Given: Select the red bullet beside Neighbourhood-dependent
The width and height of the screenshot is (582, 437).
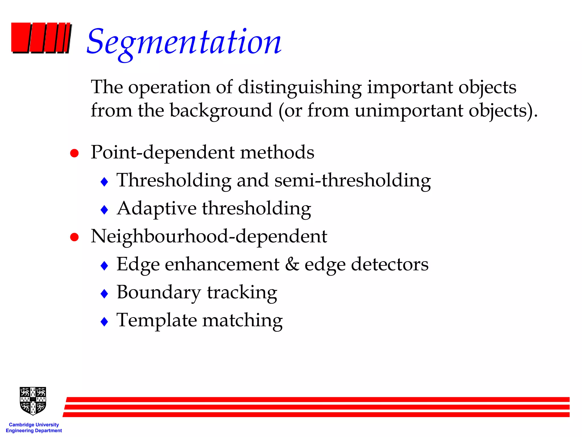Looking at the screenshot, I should pyautogui.click(x=74, y=237).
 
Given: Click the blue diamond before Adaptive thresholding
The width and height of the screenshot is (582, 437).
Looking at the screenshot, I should pyautogui.click(x=105, y=210).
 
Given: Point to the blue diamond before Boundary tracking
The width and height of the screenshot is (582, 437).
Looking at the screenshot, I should pyautogui.click(x=105, y=294).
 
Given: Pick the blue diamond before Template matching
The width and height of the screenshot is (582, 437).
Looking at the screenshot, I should pyautogui.click(x=105, y=322).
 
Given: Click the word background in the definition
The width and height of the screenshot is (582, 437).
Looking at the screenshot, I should pyautogui.click(x=221, y=110).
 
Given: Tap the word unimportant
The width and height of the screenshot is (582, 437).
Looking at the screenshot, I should pyautogui.click(x=409, y=111).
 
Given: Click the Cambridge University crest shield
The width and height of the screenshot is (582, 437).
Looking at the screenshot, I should pyautogui.click(x=33, y=401).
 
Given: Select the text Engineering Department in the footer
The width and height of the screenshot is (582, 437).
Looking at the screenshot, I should pyautogui.click(x=34, y=431).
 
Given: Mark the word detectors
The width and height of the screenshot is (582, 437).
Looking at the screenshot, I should pyautogui.click(x=390, y=265).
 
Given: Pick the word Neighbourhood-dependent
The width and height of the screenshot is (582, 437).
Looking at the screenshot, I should pyautogui.click(x=209, y=237).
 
